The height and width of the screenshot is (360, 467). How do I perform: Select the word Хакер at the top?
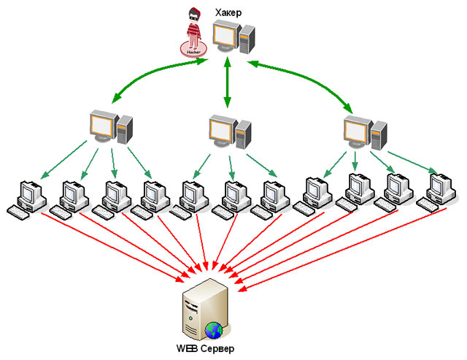tap(228, 12)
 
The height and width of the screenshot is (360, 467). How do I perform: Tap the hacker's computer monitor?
tap(225, 36)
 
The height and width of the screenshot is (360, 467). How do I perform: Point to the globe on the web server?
tap(214, 329)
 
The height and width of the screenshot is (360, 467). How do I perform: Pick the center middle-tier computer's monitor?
tap(221, 129)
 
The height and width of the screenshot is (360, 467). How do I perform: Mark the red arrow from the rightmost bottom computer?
tap(343, 248)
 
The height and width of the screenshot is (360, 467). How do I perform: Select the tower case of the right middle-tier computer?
tap(379, 134)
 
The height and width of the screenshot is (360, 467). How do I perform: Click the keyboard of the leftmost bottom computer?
tap(21, 211)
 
